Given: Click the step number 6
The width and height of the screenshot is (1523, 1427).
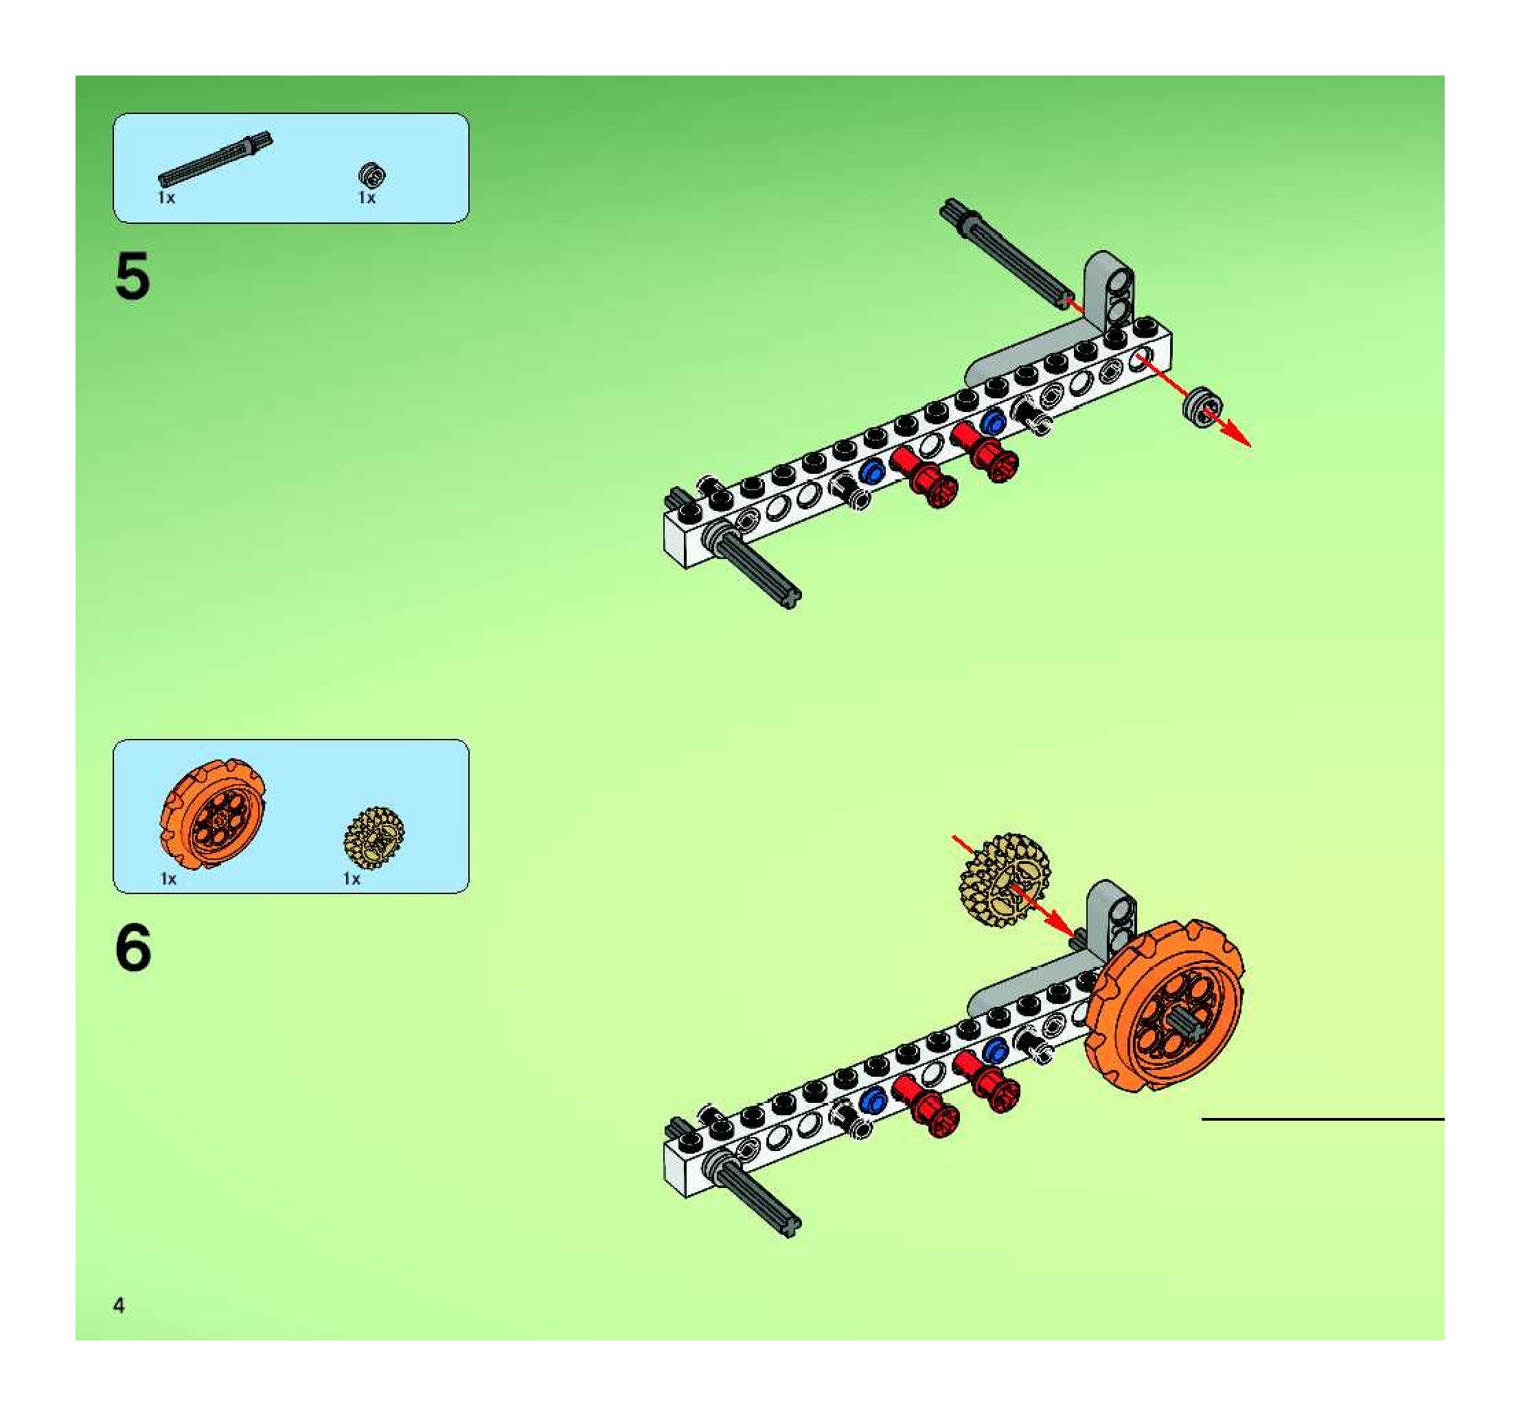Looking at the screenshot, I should (133, 948).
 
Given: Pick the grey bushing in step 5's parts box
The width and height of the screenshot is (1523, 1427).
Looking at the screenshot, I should (372, 175).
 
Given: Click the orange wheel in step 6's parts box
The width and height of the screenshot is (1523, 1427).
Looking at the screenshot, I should (214, 814).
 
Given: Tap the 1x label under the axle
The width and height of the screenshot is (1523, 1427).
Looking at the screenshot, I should (166, 198).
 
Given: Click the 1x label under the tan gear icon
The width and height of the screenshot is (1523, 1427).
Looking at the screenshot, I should (352, 878).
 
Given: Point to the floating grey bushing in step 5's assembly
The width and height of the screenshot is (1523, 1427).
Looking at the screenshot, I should (1200, 405).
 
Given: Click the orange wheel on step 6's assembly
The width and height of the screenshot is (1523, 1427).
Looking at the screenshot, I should (1165, 1008).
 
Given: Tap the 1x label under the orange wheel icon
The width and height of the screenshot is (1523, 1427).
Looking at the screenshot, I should (168, 878).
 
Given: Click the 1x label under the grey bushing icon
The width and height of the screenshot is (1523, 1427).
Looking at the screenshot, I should (367, 198).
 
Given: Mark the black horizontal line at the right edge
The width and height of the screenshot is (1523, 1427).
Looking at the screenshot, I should (1322, 1119).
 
